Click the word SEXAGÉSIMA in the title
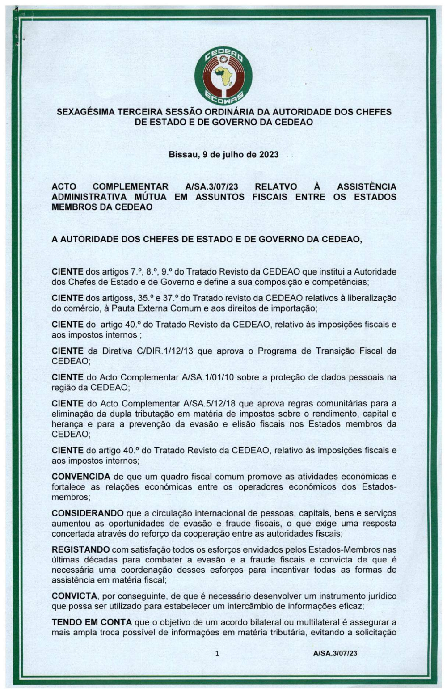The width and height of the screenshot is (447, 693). (x=85, y=112)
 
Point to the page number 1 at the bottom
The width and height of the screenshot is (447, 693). (x=217, y=653)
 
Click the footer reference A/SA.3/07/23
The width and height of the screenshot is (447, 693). (x=335, y=653)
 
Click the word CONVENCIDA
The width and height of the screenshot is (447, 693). (x=80, y=477)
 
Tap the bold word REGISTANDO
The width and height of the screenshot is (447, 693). (x=80, y=549)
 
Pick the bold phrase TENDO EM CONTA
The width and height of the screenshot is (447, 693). (x=92, y=622)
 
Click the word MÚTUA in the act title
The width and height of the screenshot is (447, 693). (x=147, y=197)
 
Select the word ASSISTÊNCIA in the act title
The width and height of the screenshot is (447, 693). (x=367, y=186)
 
